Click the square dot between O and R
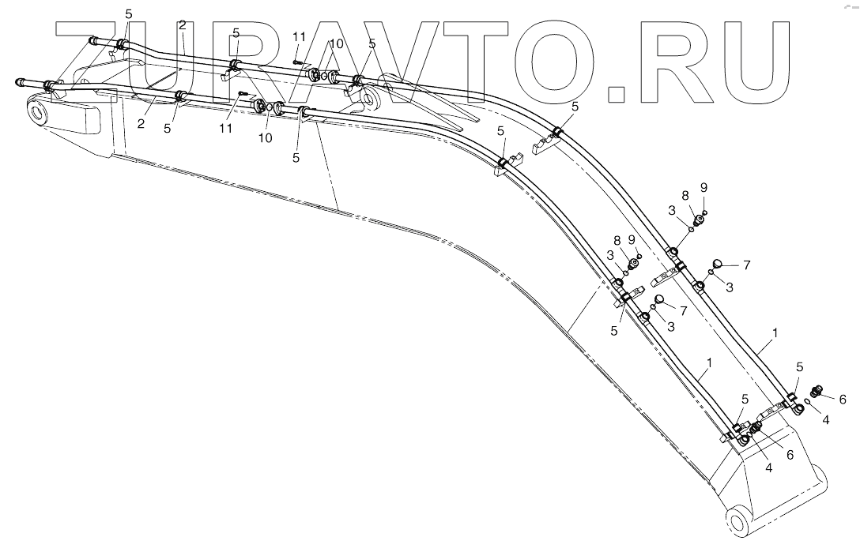tap(617, 93)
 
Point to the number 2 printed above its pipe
tap(182, 25)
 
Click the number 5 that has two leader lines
tap(129, 14)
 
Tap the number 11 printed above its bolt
tap(298, 37)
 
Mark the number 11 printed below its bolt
tap(226, 128)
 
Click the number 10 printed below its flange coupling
tap(266, 137)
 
